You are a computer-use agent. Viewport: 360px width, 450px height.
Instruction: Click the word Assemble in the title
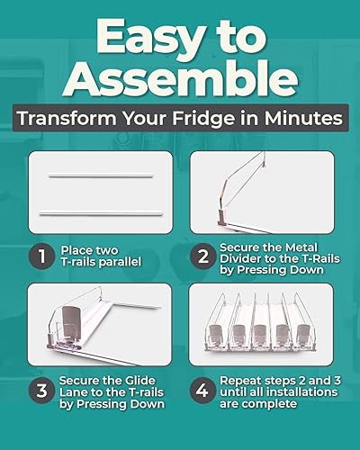click(180, 79)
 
